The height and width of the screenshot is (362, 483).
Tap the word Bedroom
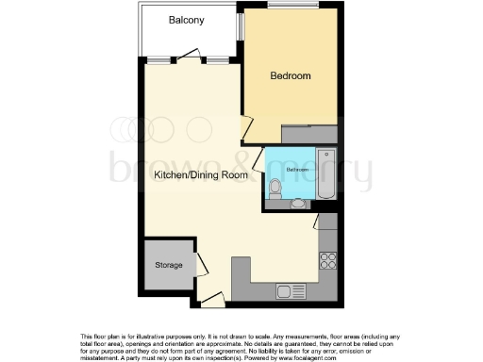pyautogui.click(x=290, y=75)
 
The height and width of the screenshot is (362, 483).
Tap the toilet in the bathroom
pyautogui.click(x=275, y=189)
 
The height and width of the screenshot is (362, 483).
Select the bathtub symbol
pyautogui.click(x=326, y=174)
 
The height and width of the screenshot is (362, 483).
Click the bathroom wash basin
pyautogui.click(x=298, y=202)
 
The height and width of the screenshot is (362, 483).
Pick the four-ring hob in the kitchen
pyautogui.click(x=329, y=259)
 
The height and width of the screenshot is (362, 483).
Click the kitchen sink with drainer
pyautogui.click(x=288, y=291)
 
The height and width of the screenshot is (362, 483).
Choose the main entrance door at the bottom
pyautogui.click(x=213, y=300)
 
